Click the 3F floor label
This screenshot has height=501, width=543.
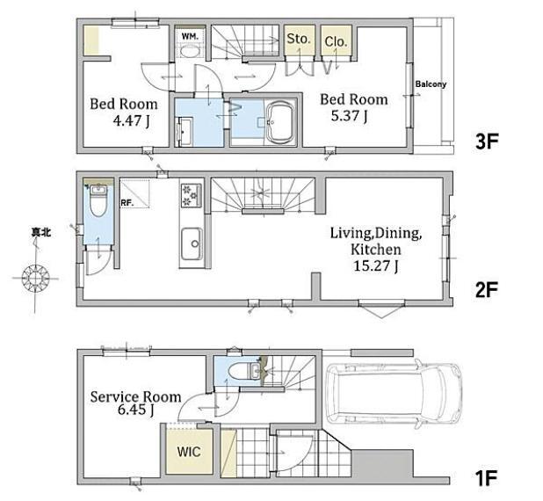point(487,142)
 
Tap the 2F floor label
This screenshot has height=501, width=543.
point(486,290)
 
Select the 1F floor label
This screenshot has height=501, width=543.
point(486,478)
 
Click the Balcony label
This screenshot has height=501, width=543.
point(431,84)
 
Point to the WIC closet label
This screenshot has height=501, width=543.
point(189,452)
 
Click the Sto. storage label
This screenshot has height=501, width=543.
point(299,39)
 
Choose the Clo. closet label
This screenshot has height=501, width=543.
point(336,42)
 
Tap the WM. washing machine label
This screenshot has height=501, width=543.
point(190,36)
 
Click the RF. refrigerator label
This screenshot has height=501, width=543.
point(127,203)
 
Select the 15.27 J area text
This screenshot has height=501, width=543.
point(376,266)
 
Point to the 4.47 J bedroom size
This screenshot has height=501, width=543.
point(132,120)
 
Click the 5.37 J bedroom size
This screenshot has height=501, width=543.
point(349,116)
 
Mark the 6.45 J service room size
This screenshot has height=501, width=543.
point(136,410)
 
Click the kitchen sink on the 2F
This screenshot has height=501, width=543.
point(192,243)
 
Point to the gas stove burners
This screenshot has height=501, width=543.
point(192,195)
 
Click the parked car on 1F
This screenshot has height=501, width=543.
point(394,392)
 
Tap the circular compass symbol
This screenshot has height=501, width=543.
point(35,278)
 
